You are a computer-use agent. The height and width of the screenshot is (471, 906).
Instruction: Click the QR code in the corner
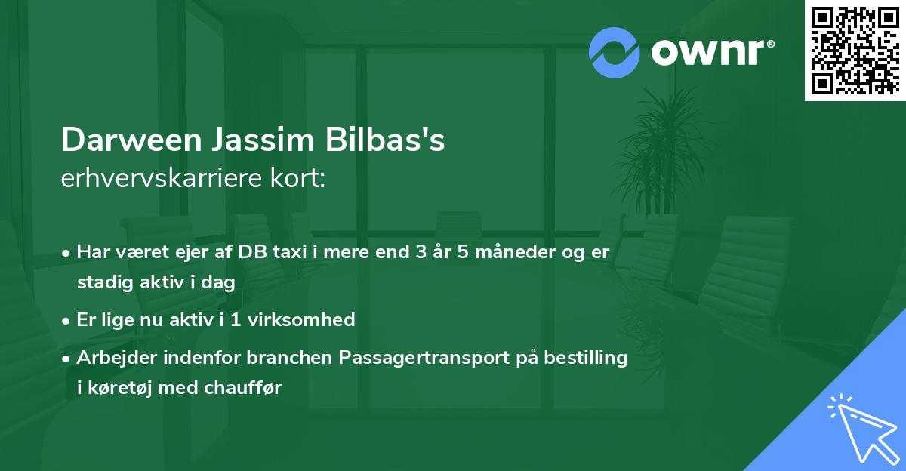pyautogui.click(x=855, y=50)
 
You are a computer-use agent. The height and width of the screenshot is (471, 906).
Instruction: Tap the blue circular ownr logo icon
pyautogui.click(x=615, y=53)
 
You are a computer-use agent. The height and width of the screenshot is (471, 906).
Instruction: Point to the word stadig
pyautogui.click(x=101, y=282)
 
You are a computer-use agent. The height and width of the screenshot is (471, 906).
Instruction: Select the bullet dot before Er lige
pyautogui.click(x=66, y=320)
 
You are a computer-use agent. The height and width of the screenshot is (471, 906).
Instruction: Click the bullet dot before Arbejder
pyautogui.click(x=66, y=358)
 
